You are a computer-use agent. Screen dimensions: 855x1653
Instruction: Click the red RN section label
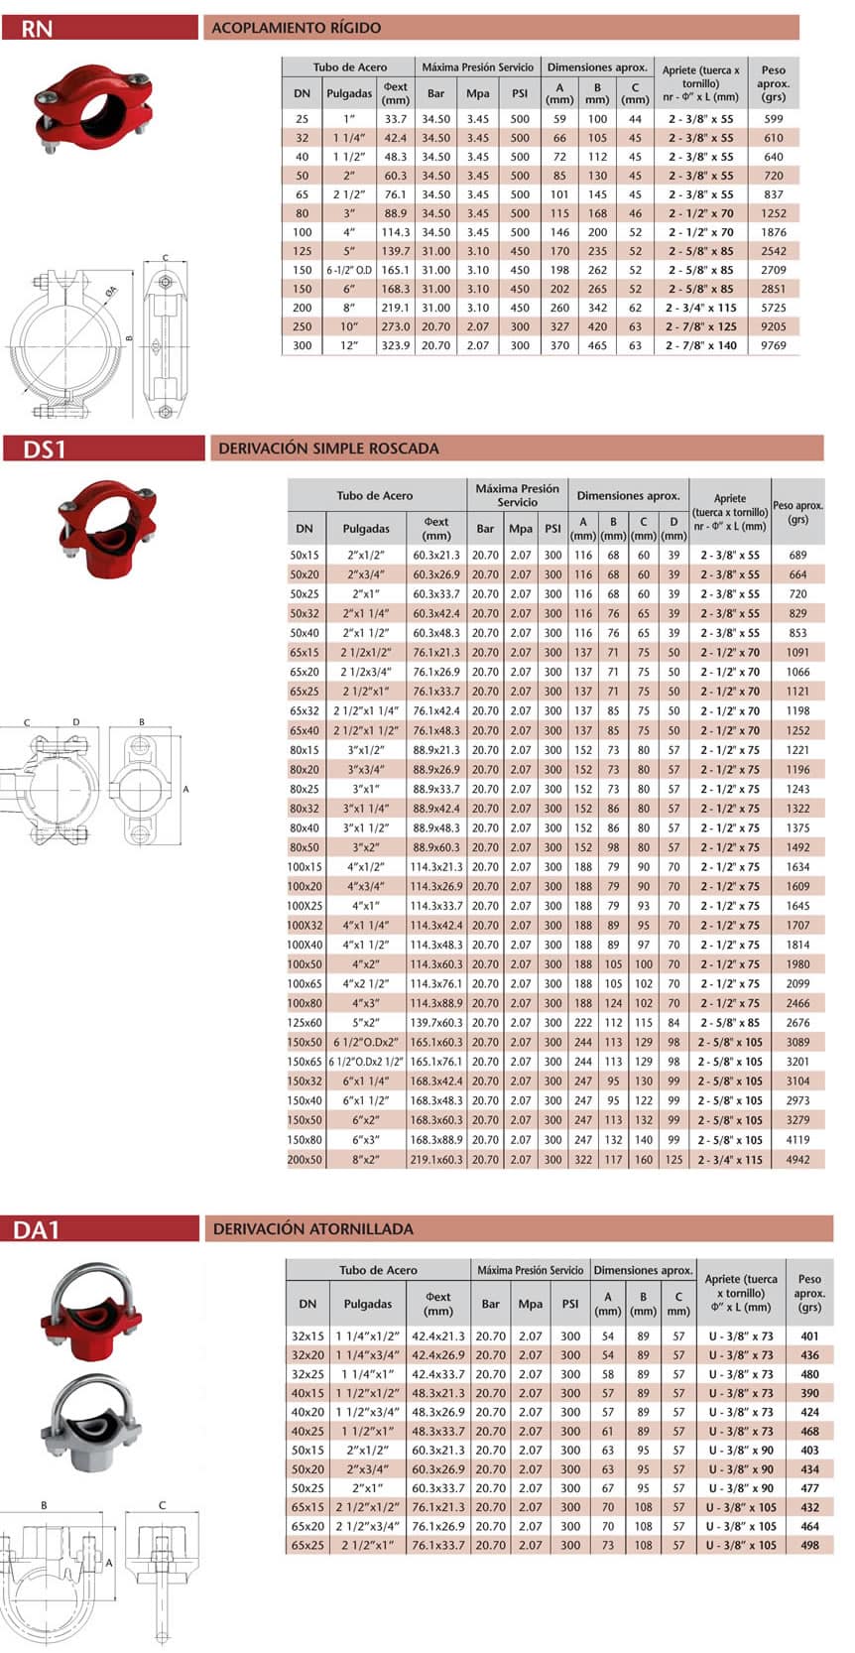click(x=37, y=28)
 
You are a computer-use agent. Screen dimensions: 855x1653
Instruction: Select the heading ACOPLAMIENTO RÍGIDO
click(x=297, y=28)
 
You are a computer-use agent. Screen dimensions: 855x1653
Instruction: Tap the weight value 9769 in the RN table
click(x=773, y=345)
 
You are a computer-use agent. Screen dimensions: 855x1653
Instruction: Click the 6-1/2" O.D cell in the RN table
click(x=350, y=270)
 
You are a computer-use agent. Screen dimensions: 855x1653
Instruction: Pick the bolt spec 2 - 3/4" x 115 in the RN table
click(x=701, y=308)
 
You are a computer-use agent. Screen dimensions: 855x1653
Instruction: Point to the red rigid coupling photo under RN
click(x=93, y=108)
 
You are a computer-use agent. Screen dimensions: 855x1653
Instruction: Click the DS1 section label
click(x=45, y=448)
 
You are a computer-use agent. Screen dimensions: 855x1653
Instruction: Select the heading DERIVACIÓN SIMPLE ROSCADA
click(x=328, y=448)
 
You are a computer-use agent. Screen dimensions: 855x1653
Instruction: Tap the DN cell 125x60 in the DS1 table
click(x=305, y=1023)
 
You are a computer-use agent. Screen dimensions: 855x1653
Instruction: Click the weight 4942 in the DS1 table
click(x=797, y=1159)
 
